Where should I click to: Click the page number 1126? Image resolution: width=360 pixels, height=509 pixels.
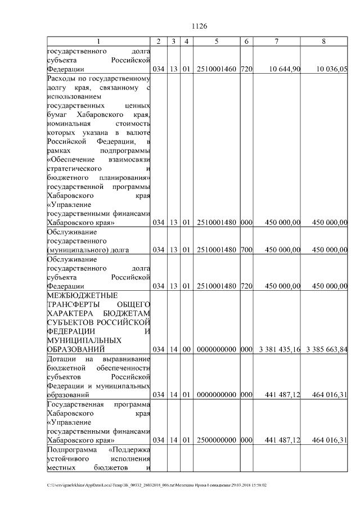coord(200,26)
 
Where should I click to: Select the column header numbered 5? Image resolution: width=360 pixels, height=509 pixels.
coord(217,42)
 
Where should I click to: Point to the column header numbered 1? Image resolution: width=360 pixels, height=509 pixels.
coord(98,42)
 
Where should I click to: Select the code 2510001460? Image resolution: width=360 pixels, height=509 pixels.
coord(217,69)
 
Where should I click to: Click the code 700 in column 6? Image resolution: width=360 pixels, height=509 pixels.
coord(246,250)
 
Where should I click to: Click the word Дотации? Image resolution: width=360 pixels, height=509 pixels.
coord(61,359)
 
